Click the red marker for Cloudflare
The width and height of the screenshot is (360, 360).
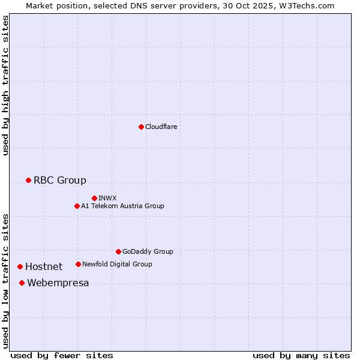click(x=141, y=127)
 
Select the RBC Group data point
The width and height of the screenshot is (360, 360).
click(x=28, y=180)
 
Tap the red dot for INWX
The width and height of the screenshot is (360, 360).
click(x=94, y=198)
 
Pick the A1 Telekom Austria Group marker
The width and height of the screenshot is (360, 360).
click(x=77, y=206)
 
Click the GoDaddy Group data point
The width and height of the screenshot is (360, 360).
click(x=118, y=251)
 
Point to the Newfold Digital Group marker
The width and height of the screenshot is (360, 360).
click(x=78, y=264)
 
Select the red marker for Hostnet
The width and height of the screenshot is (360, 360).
click(x=20, y=266)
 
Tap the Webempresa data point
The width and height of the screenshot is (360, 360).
click(x=22, y=283)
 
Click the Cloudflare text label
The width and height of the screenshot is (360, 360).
click(x=161, y=127)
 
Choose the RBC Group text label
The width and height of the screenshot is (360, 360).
click(x=60, y=180)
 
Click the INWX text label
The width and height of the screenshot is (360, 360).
click(x=107, y=198)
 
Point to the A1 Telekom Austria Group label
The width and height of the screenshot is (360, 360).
click(x=122, y=206)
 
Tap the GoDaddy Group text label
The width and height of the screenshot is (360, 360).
click(x=148, y=251)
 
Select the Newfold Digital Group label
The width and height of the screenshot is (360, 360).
click(x=117, y=264)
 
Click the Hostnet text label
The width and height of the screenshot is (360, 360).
click(x=44, y=266)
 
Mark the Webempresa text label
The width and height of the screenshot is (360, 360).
click(x=58, y=283)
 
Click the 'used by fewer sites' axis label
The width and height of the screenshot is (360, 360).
click(x=62, y=355)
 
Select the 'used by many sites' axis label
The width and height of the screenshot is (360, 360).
click(x=301, y=355)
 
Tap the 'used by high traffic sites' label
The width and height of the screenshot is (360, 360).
click(x=5, y=85)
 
